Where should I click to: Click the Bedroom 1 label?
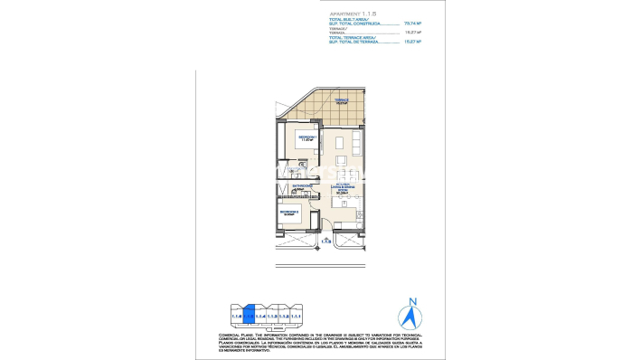coord(306,137)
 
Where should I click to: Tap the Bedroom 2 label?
coord(289,213)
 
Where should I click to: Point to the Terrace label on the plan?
coord(342,101)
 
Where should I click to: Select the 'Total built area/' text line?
coord(347,19)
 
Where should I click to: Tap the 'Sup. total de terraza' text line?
coord(353,42)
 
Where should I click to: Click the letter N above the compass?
coord(412,302)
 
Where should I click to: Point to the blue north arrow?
coord(412,317)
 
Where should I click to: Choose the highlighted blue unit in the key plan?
coord(250,315)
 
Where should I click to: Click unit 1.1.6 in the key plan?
coord(237,316)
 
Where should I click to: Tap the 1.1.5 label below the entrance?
coord(327,242)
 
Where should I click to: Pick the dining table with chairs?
coord(342,204)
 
